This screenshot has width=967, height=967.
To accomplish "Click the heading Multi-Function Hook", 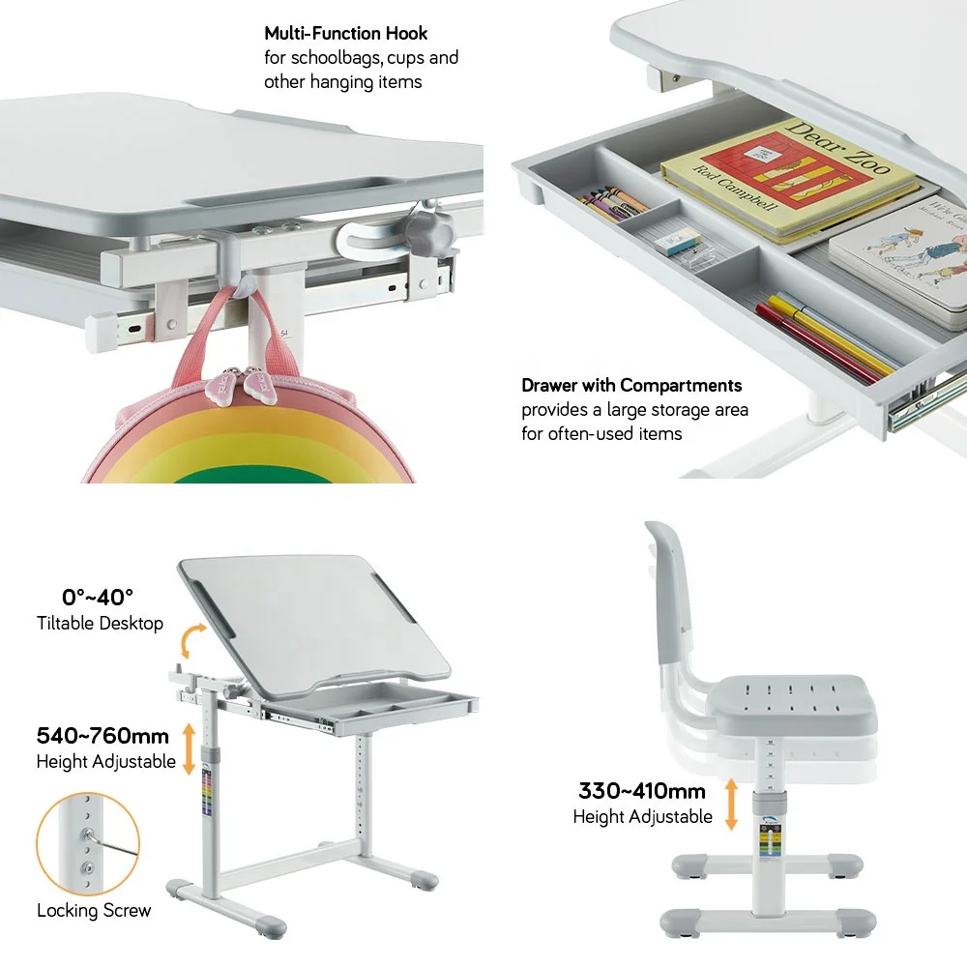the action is (345, 34).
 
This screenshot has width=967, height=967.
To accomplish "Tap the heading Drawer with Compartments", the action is (631, 386).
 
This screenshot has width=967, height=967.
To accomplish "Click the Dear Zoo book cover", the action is (788, 179).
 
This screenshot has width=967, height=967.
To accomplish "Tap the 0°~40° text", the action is (98, 597).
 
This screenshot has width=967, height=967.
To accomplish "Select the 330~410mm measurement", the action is (642, 791).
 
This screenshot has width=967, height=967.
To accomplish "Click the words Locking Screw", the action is (94, 910).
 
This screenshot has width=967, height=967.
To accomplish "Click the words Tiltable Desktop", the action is (100, 624).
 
